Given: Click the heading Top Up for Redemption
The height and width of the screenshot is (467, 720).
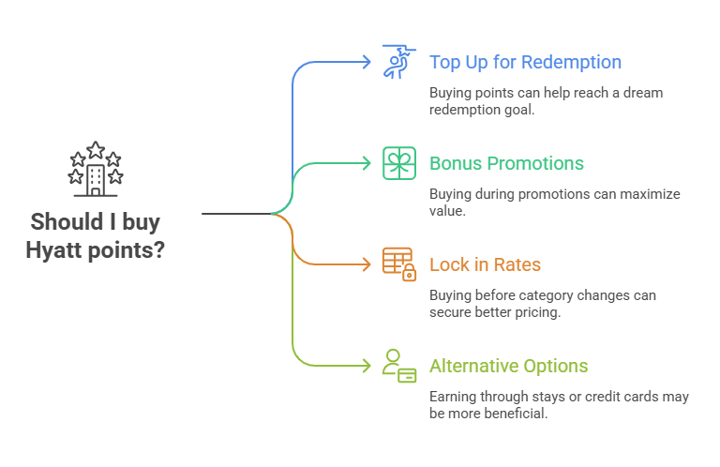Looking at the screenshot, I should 525,63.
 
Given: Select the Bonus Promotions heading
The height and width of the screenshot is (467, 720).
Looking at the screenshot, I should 506,163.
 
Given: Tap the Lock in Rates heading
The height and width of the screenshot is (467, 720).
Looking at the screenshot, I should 485,264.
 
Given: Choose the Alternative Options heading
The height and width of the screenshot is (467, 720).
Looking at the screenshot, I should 508,366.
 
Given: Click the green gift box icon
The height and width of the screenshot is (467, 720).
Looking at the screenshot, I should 398,163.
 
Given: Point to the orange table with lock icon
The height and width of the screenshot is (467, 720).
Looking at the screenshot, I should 398,264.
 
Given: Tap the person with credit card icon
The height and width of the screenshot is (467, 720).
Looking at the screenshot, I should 398,365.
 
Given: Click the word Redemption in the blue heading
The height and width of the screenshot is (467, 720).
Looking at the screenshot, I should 572,63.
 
